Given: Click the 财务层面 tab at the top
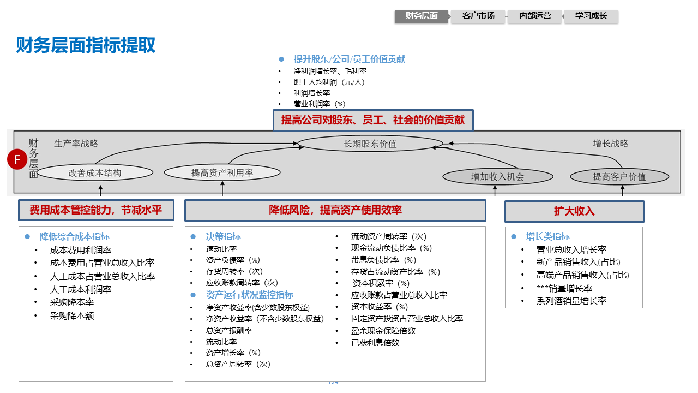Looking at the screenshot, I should coord(422,16).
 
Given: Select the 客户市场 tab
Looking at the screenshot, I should coord(478,16).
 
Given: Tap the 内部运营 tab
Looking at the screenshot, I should coord(534,16).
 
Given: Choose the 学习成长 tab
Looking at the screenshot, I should coord(591,16).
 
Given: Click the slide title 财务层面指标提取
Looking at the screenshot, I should coord(86,45).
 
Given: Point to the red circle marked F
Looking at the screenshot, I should coord(17,160).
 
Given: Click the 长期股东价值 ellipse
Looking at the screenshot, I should coord(370,144).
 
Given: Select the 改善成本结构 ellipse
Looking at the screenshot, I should coord(95,173).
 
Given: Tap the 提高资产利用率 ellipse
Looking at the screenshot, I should coord(222,173).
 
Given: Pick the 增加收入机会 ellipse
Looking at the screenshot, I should coord(497,177).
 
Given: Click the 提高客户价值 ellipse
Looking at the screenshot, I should coord(619,177).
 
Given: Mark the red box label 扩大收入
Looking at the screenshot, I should coord(574,211).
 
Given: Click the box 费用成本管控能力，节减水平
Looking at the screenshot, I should coord(95,210).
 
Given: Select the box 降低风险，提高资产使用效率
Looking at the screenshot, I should coord(335,210).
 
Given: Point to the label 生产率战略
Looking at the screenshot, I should coord(76,144).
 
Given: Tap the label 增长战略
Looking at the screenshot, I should coord(611,144).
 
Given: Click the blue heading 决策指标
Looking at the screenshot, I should coord(223,236).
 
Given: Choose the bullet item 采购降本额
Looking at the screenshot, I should coord(72,315).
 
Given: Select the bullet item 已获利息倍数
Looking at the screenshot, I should coord(375,342).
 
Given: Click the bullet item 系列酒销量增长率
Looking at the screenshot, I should coord(571,301).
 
